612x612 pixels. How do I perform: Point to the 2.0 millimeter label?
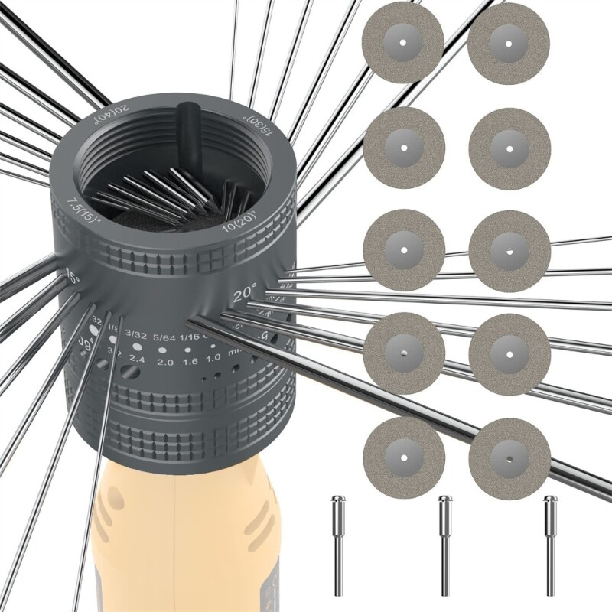(x=164, y=361)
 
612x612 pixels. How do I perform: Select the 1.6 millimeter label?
(x=190, y=360)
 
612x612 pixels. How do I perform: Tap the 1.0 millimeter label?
(x=214, y=357)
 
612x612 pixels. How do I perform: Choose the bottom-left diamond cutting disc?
(x=403, y=457)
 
